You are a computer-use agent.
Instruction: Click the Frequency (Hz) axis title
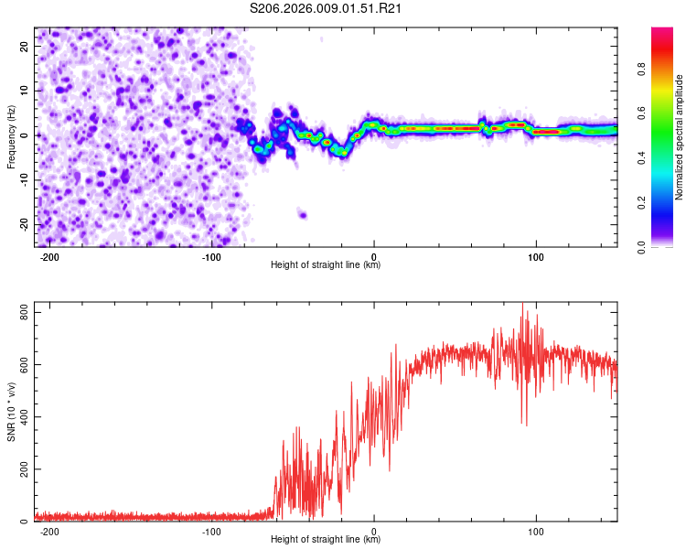pyautogui.click(x=11, y=136)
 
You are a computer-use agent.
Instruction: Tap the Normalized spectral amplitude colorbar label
pyautogui.click(x=680, y=137)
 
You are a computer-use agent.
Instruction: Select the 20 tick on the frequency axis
pyautogui.click(x=25, y=45)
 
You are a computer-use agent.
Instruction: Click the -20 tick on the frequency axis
pyautogui.click(x=23, y=224)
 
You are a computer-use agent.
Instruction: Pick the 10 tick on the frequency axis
pyautogui.click(x=25, y=90)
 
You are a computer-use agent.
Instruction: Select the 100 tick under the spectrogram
pyautogui.click(x=536, y=257)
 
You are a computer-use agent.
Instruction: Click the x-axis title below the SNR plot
pyautogui.click(x=326, y=540)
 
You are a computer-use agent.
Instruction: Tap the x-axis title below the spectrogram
pyautogui.click(x=326, y=265)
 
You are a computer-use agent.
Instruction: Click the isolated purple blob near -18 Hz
pyautogui.click(x=302, y=215)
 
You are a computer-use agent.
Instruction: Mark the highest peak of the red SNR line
pyautogui.click(x=523, y=304)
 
